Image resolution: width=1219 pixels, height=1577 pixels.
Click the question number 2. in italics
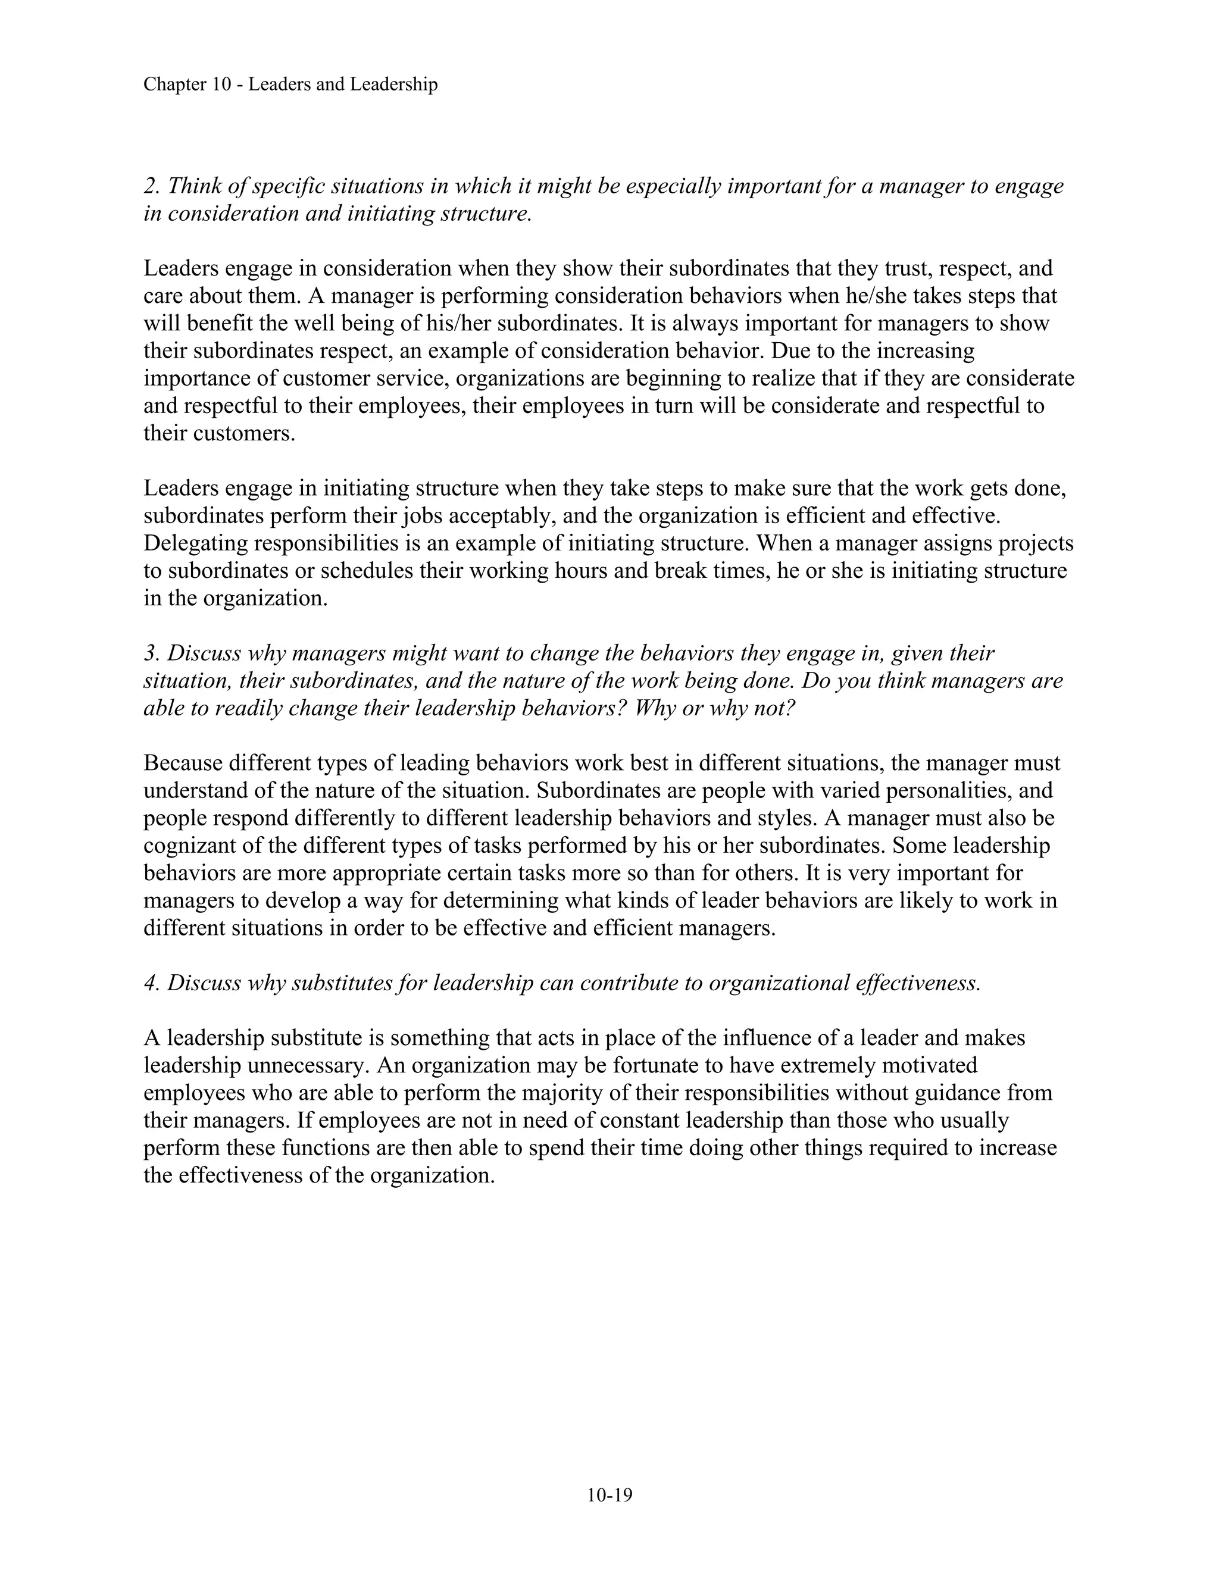click(151, 186)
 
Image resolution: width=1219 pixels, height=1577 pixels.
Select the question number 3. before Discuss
click(151, 653)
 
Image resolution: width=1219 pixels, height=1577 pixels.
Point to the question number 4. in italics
click(151, 984)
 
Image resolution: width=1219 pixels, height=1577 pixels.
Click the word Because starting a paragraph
click(183, 764)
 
